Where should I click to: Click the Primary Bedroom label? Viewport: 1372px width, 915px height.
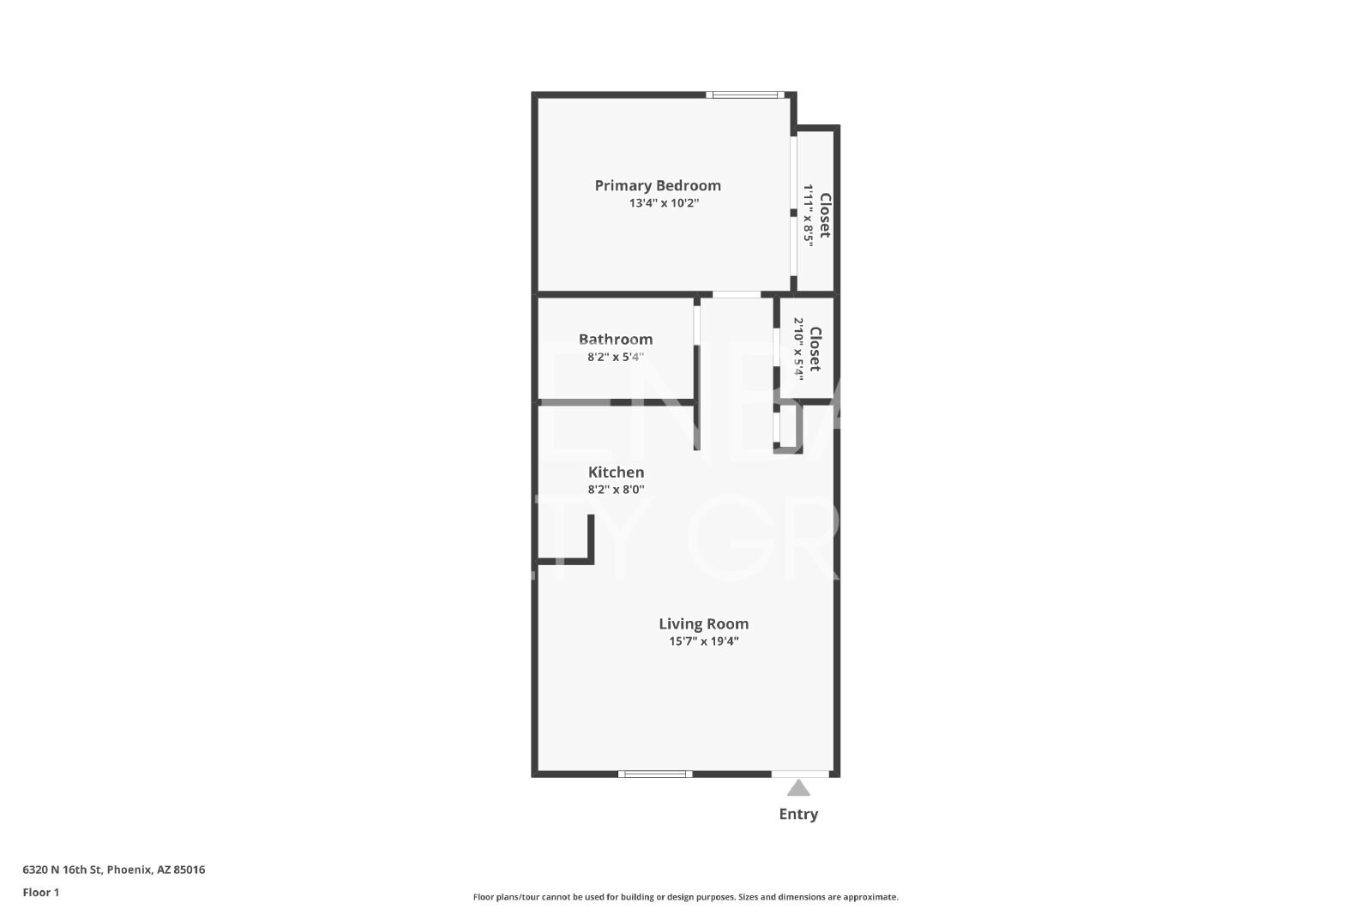coord(658,185)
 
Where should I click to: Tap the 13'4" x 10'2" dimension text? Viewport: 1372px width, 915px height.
coord(664,202)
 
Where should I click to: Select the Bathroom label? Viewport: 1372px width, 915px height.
coord(616,340)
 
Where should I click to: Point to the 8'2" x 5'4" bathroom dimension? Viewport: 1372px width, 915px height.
coord(616,357)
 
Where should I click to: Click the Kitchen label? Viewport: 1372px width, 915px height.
coord(617,473)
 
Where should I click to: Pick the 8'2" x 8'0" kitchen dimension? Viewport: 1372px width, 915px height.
coord(617,490)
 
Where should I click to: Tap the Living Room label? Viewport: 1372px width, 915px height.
coord(704,624)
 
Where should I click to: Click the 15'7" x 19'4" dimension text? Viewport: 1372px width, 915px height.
coord(704,641)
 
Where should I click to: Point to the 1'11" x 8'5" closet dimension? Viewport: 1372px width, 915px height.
coord(809,215)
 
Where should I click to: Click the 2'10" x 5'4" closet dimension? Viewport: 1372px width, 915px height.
coord(798,349)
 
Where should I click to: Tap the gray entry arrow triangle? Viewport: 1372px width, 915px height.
coord(798,787)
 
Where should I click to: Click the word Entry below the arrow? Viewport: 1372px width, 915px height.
coord(798,814)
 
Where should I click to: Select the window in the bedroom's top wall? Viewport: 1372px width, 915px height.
coord(745,95)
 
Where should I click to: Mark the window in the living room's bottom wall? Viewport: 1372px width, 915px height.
coord(655,774)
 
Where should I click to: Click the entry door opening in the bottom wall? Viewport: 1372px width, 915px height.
coord(800,774)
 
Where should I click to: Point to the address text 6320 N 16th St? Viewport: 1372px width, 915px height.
coord(63,870)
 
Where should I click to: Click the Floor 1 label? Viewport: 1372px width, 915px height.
coord(41,893)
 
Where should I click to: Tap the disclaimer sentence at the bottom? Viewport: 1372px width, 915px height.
coord(685,897)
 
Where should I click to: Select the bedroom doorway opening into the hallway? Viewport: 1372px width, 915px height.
coord(737,295)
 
